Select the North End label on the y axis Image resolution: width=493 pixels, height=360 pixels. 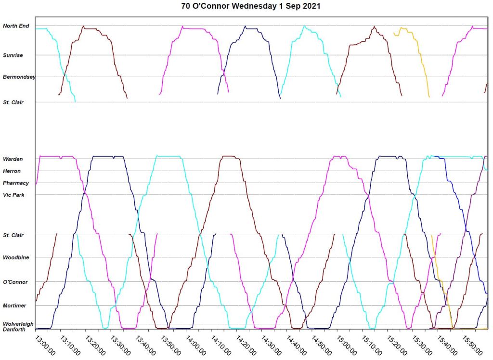16,26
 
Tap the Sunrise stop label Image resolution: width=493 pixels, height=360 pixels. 13,55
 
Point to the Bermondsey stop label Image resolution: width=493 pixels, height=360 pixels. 19,77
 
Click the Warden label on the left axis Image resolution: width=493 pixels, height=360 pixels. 13,159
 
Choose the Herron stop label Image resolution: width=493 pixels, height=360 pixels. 12,171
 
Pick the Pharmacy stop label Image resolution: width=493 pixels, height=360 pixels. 16,183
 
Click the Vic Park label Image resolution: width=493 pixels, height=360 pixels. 13,195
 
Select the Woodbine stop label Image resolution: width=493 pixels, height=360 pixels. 16,258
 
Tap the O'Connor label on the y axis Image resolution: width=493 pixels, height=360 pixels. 15,282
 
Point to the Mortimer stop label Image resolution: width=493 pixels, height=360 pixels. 15,306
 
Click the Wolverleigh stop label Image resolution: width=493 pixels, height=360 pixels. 18,324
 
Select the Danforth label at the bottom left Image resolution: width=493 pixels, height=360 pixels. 14,330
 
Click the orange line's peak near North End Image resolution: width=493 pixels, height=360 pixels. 402,28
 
